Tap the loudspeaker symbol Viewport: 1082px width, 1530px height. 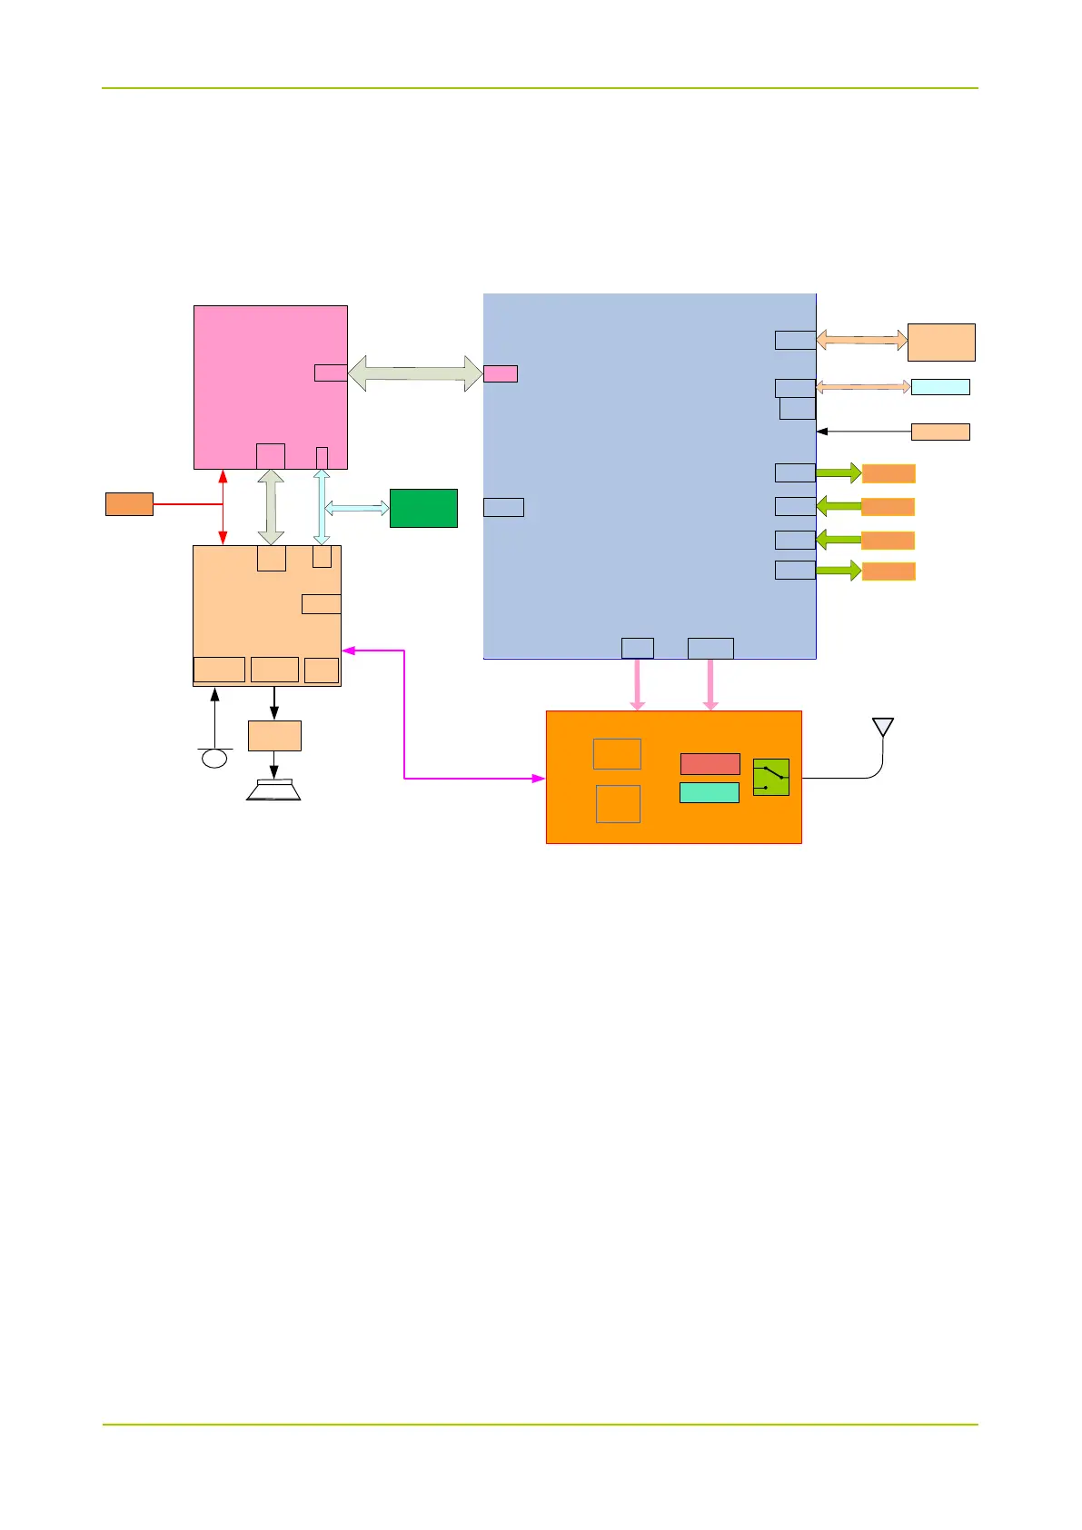[273, 790]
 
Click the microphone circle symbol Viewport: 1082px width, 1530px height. [214, 757]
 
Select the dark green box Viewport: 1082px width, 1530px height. [423, 508]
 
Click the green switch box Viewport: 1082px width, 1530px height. [770, 778]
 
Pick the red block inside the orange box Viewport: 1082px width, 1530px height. [710, 764]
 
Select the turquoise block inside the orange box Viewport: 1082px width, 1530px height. [709, 792]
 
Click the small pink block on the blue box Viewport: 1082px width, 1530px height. [501, 373]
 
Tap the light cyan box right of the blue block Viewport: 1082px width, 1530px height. [940, 387]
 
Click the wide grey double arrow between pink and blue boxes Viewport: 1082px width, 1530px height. [415, 373]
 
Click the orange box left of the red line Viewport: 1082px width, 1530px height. [129, 504]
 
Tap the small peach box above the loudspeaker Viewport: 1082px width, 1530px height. [274, 736]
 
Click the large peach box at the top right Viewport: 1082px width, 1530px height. [941, 342]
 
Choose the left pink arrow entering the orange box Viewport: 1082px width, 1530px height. [637, 684]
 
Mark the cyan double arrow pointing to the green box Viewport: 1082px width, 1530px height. [357, 508]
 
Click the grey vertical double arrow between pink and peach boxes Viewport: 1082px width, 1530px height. [271, 507]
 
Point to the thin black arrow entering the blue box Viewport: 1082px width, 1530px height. [863, 432]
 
